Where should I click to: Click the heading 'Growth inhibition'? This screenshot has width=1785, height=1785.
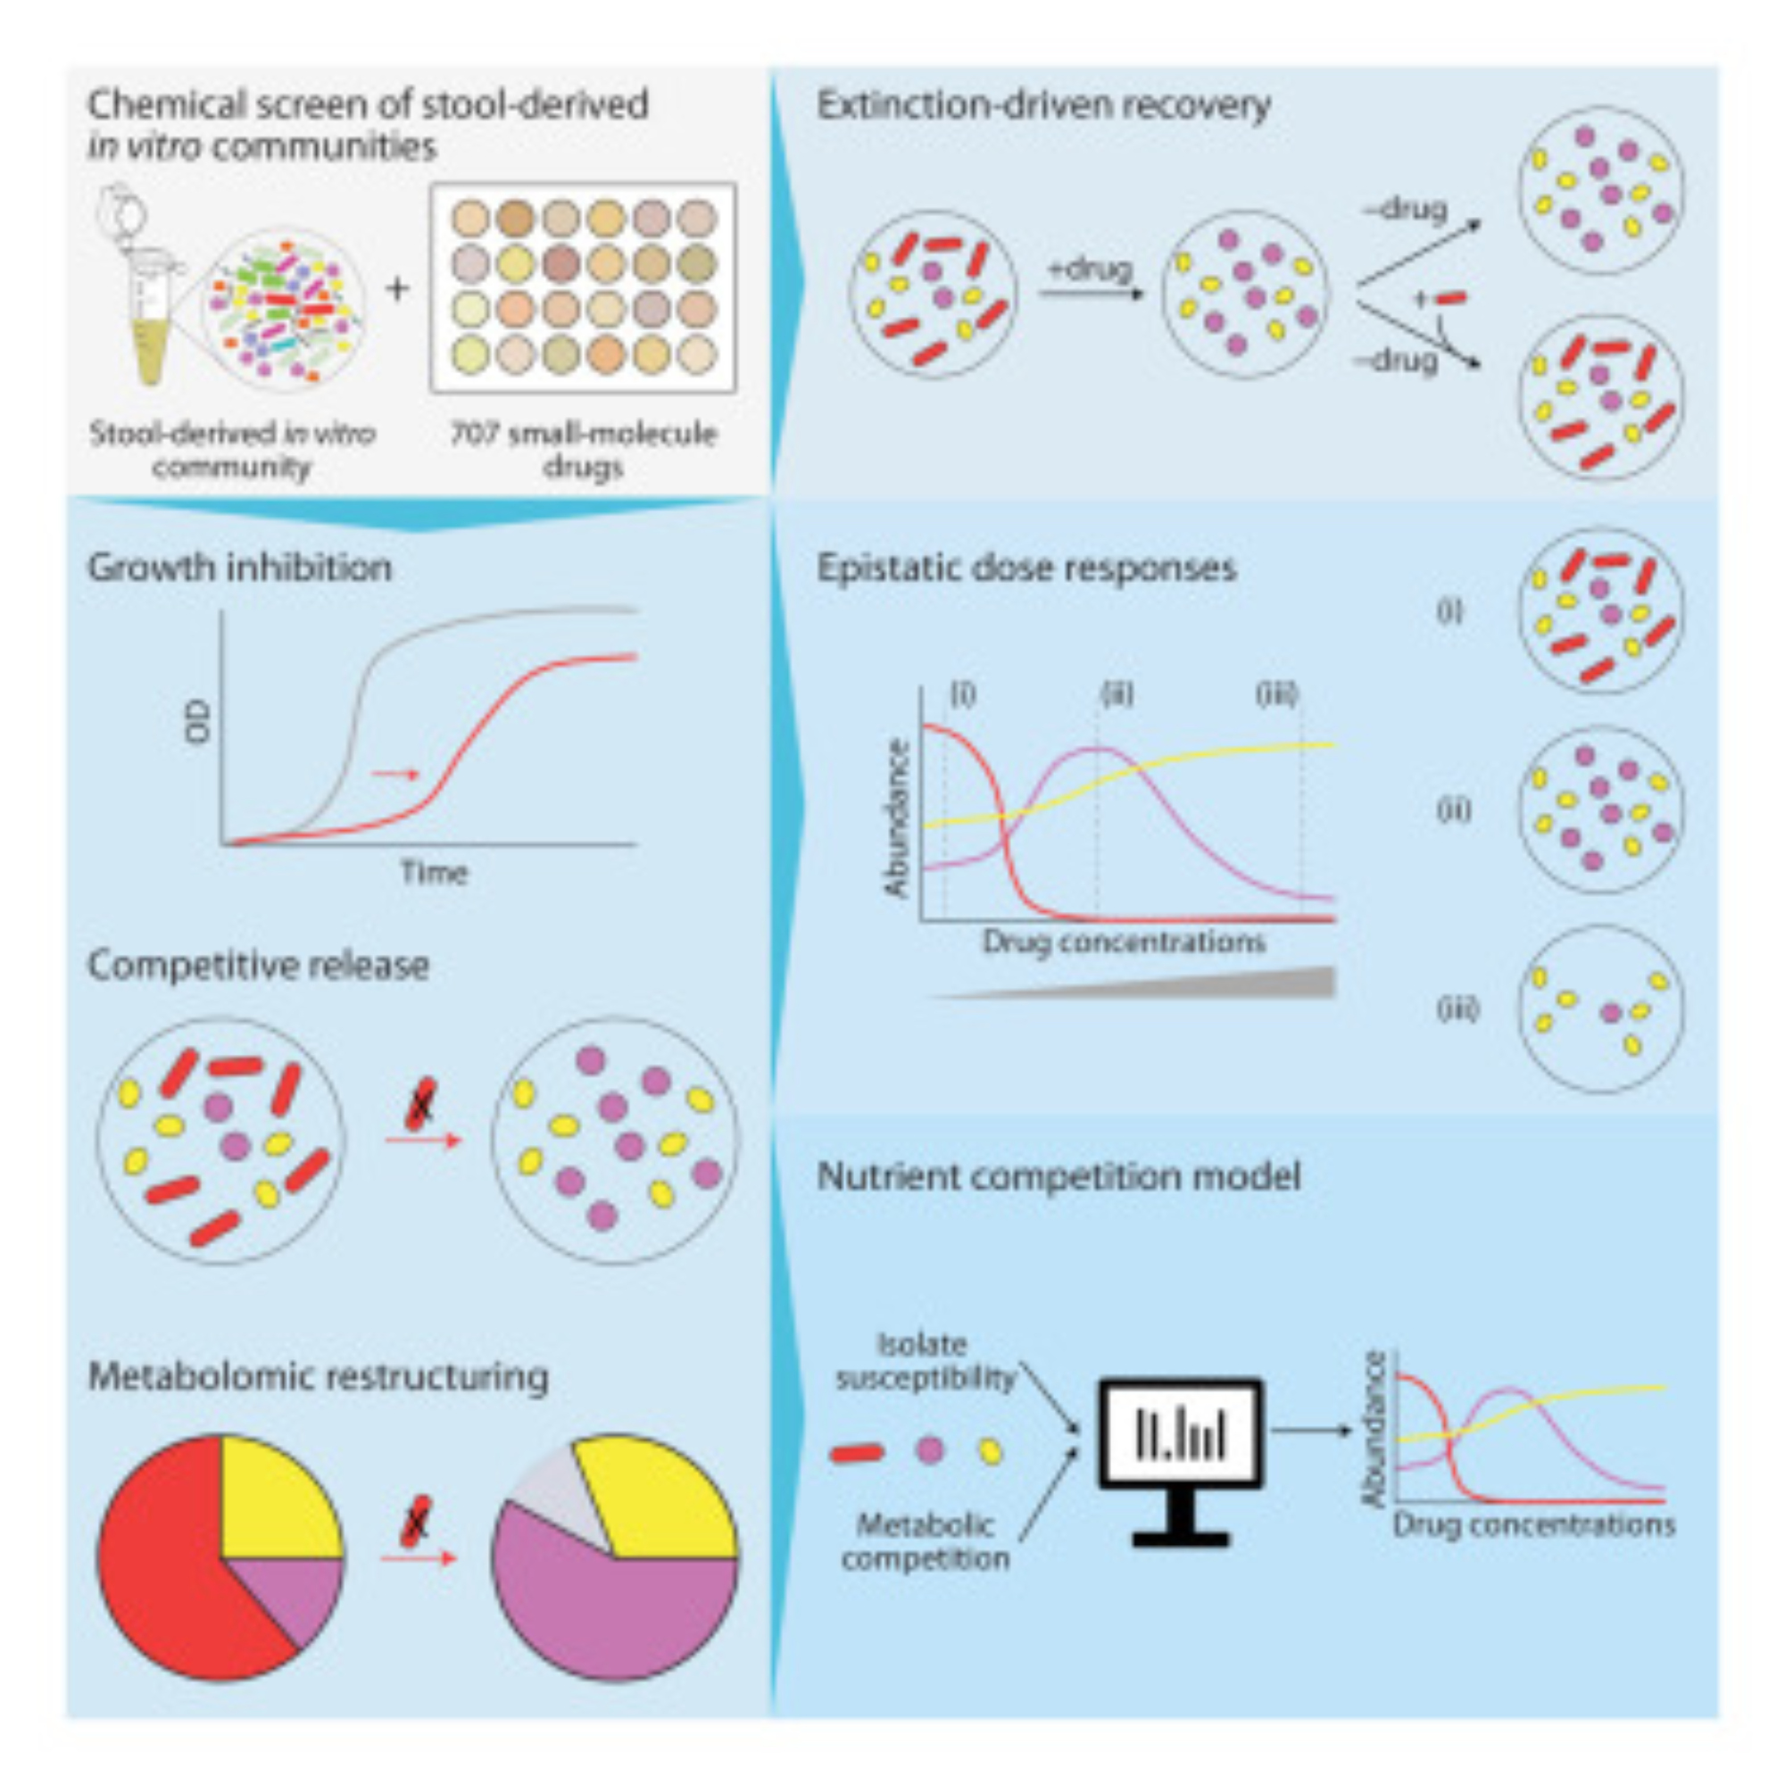[x=239, y=568]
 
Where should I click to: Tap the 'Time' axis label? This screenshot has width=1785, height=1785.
[x=434, y=872]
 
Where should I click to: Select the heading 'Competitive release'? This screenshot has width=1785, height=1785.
[x=258, y=966]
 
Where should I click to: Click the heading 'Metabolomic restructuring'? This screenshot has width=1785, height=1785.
[x=318, y=1375]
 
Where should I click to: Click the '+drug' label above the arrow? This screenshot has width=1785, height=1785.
[x=1091, y=270]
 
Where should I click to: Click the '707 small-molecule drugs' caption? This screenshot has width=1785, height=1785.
[x=583, y=450]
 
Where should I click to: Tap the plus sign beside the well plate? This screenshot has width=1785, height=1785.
[x=397, y=289]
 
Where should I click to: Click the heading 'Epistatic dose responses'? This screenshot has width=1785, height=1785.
[x=1025, y=568]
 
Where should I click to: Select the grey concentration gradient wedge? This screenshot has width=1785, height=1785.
[x=1201, y=984]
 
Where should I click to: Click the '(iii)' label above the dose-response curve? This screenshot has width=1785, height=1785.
[x=1277, y=693]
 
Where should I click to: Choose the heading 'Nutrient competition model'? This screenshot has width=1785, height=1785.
[x=1059, y=1176]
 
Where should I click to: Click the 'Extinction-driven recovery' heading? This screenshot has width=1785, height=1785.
[x=1043, y=105]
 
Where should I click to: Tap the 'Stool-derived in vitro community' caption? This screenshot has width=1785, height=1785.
[x=232, y=450]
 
